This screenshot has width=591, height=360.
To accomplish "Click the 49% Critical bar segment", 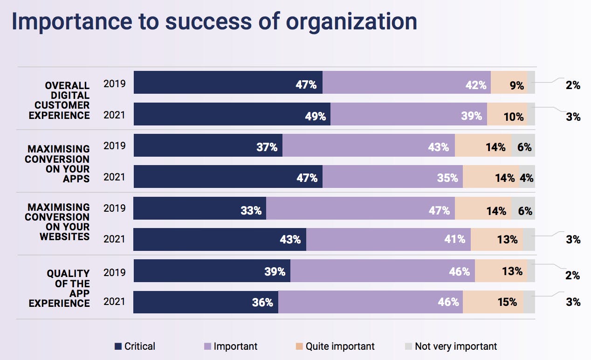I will tap(232, 114).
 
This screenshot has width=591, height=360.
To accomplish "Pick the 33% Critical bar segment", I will tap(199, 208).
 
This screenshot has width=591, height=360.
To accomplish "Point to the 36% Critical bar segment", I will tap(206, 302).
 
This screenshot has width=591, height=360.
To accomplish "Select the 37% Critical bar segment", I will tap(208, 145).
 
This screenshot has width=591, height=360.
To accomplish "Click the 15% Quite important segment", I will tap(493, 302).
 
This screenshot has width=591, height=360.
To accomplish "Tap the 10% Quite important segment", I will tap(507, 114).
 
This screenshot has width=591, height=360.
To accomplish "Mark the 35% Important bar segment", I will tap(392, 177).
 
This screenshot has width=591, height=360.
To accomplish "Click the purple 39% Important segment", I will tap(409, 114).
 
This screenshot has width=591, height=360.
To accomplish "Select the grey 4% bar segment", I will tap(527, 177).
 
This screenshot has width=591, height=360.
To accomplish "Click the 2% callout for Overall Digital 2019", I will tap(573, 85).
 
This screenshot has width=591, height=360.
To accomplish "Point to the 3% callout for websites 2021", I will tap(573, 240).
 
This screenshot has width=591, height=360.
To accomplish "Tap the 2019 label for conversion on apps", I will tap(114, 145).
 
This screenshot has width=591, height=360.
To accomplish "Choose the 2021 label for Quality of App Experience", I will tap(114, 302).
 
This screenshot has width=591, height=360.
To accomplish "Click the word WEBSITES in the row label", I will tap(64, 236).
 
